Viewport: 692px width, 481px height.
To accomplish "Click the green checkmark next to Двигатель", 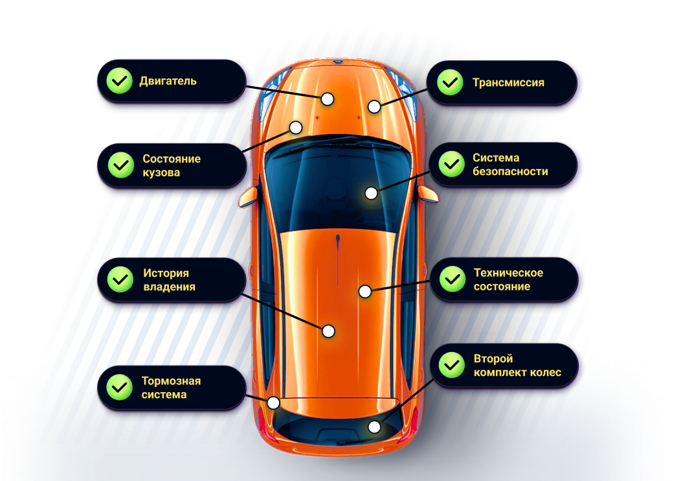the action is coord(118,82).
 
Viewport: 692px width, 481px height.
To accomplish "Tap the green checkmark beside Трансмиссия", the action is coord(450,83).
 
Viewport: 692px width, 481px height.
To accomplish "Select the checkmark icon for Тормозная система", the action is coord(118,388).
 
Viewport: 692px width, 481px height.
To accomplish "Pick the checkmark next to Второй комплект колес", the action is coord(451,366).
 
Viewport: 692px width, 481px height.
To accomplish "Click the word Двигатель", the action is coord(168,82).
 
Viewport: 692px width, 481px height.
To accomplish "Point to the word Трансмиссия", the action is coord(508,83).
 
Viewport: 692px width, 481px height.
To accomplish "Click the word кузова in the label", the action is coord(161,173).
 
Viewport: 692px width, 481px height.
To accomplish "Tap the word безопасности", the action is coord(510,172).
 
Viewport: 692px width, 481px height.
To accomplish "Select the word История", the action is coord(166,273).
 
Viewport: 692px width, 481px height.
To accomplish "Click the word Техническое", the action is coord(508,273).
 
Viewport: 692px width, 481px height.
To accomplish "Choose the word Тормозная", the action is coord(171,381).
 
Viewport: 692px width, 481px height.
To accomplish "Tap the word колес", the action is coord(544,373).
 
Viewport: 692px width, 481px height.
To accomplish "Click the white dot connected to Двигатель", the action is coord(328,99).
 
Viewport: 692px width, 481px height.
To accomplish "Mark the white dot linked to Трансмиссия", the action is coord(374,106).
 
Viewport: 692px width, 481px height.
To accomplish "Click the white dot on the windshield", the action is coord(371,193).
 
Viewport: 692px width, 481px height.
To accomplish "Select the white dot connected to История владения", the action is coord(328,331).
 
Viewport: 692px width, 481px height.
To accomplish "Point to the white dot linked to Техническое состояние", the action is coord(365,292).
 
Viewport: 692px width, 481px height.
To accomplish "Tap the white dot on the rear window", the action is coord(374,427).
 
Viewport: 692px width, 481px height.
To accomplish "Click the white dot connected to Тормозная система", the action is coord(273,403).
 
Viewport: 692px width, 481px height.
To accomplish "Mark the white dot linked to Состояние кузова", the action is coord(296,128).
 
